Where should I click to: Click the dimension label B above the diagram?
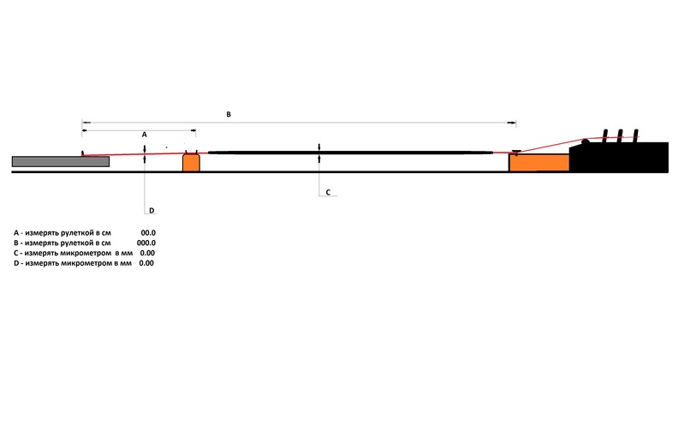pos(229,114)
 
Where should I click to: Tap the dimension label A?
pos(145,135)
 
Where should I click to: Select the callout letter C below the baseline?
pos(328,192)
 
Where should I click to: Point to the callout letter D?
pos(152,211)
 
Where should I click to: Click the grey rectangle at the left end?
pos(61,162)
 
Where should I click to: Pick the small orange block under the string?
pos(191,162)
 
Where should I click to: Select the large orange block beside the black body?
pos(539,163)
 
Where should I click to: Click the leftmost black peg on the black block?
pos(605,135)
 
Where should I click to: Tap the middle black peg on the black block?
pos(620,135)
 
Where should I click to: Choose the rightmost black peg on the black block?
pos(635,135)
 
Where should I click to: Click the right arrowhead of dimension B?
pos(512,123)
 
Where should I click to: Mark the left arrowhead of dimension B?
pos(86,123)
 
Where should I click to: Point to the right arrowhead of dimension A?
pos(192,130)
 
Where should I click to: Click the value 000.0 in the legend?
pos(146,243)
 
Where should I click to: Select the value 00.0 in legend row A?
pos(148,233)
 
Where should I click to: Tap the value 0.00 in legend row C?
pos(147,253)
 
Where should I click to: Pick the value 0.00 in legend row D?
pos(146,263)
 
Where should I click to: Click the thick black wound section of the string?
pos(350,153)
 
